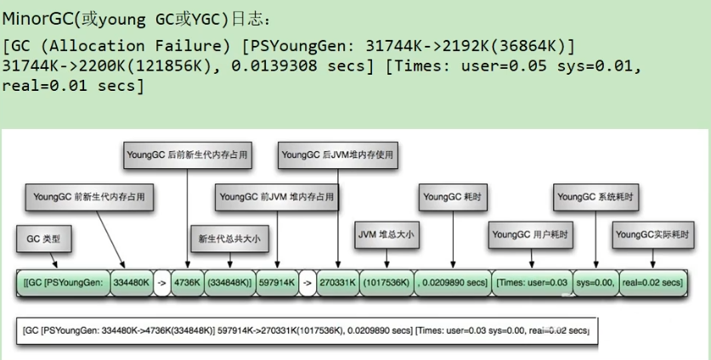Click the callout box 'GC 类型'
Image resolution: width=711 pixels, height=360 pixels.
pyautogui.click(x=43, y=239)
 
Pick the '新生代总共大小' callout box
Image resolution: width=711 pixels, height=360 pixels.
pyautogui.click(x=229, y=239)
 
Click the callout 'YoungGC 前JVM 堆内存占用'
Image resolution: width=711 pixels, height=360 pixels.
pyautogui.click(x=277, y=196)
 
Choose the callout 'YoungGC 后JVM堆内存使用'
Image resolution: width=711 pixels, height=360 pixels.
pyautogui.click(x=339, y=155)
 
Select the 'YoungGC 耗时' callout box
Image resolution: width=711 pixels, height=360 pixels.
pyautogui.click(x=454, y=196)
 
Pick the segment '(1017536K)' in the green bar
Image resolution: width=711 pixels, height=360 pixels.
pyautogui.click(x=385, y=282)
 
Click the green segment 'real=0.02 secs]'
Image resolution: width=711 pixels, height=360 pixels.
pyautogui.click(x=652, y=282)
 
